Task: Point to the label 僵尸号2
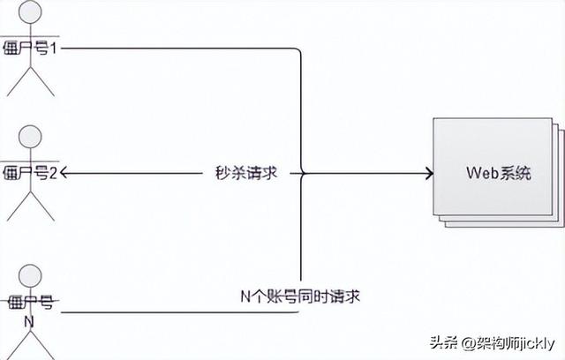(x=31, y=174)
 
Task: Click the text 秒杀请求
(x=246, y=173)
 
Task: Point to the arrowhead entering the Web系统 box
(x=428, y=173)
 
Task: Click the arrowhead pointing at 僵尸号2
(x=64, y=173)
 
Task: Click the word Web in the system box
(x=481, y=173)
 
